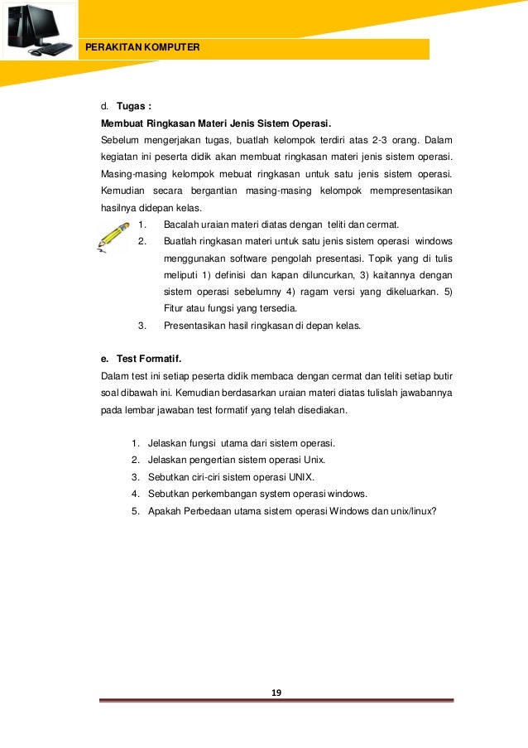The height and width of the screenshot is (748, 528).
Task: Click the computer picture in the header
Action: (39, 31)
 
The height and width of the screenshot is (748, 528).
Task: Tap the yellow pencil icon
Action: (113, 235)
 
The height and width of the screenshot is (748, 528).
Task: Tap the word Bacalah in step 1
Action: (182, 224)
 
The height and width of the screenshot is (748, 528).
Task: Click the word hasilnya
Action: (119, 208)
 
